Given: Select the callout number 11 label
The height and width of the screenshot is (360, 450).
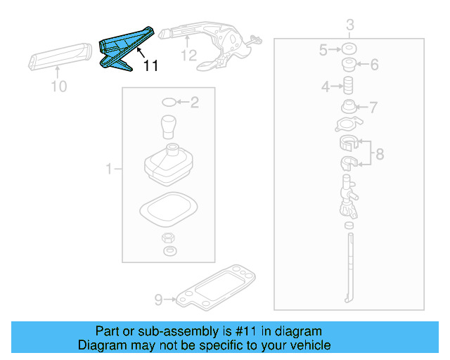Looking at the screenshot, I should click(x=150, y=66).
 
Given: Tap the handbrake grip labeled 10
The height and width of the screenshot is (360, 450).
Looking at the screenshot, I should click(x=60, y=56).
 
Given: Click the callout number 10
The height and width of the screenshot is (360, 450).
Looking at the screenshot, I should click(x=59, y=86).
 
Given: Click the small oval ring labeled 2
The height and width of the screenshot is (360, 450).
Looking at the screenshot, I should click(x=168, y=103).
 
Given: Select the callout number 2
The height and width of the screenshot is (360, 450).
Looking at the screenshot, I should click(x=195, y=103).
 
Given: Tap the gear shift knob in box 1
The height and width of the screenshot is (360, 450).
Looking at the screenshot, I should click(x=169, y=127).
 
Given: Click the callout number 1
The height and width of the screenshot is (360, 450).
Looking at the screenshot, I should click(x=109, y=169).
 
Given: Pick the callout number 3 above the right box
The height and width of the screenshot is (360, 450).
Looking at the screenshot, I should click(x=349, y=26).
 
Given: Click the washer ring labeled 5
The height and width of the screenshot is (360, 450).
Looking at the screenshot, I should click(x=347, y=50).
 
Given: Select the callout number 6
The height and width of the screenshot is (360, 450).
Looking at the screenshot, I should click(x=374, y=65).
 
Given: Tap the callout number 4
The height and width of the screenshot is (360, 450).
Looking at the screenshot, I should click(x=326, y=86).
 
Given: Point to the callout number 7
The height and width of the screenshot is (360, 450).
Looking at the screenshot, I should click(x=373, y=108).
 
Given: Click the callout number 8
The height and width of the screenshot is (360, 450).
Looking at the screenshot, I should click(x=380, y=154).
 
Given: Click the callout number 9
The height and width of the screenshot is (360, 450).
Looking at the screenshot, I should click(x=158, y=300).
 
